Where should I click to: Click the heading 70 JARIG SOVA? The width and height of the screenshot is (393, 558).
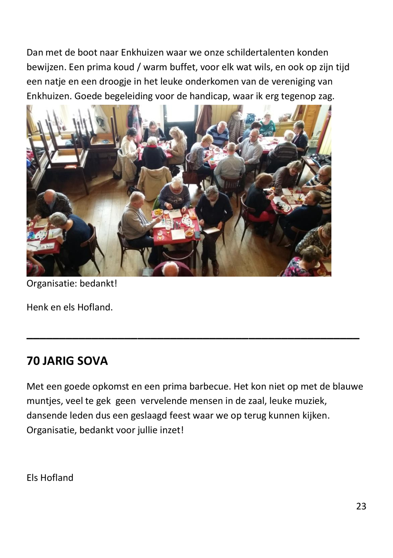(67, 361)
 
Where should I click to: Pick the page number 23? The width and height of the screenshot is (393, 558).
(361, 506)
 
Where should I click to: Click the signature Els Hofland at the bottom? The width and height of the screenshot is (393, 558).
(50, 477)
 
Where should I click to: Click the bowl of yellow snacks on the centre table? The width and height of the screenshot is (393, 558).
(158, 212)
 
